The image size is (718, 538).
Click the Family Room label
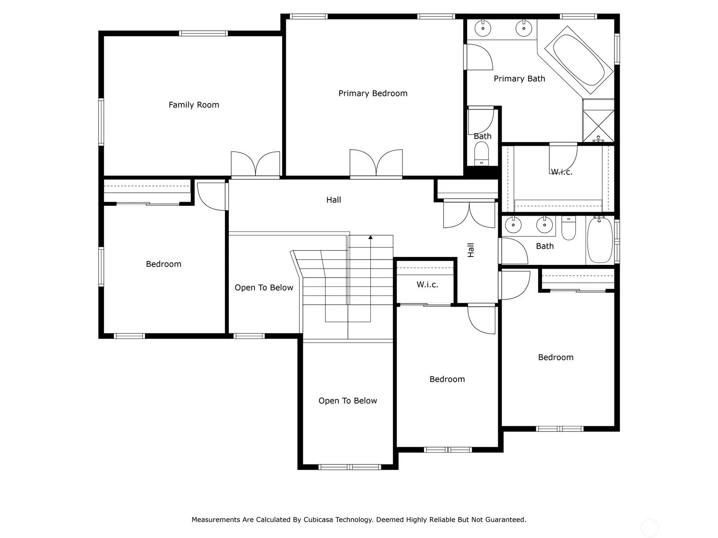194,105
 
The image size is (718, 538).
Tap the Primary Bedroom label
373,93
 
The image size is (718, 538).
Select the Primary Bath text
519,79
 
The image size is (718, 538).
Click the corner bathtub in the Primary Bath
578,60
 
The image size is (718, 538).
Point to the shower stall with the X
598,126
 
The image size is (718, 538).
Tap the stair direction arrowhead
370,237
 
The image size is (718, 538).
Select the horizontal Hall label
333,200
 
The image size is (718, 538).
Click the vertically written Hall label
471,250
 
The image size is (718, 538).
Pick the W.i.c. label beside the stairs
427,285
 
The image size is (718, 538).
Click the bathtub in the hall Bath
600,240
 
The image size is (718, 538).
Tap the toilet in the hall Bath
569,228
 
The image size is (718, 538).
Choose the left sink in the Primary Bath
482,28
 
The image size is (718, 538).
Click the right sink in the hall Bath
544,225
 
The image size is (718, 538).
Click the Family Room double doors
255,164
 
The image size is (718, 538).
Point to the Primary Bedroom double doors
376,163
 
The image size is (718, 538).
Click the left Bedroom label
163,264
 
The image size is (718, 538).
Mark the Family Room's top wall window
203,33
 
